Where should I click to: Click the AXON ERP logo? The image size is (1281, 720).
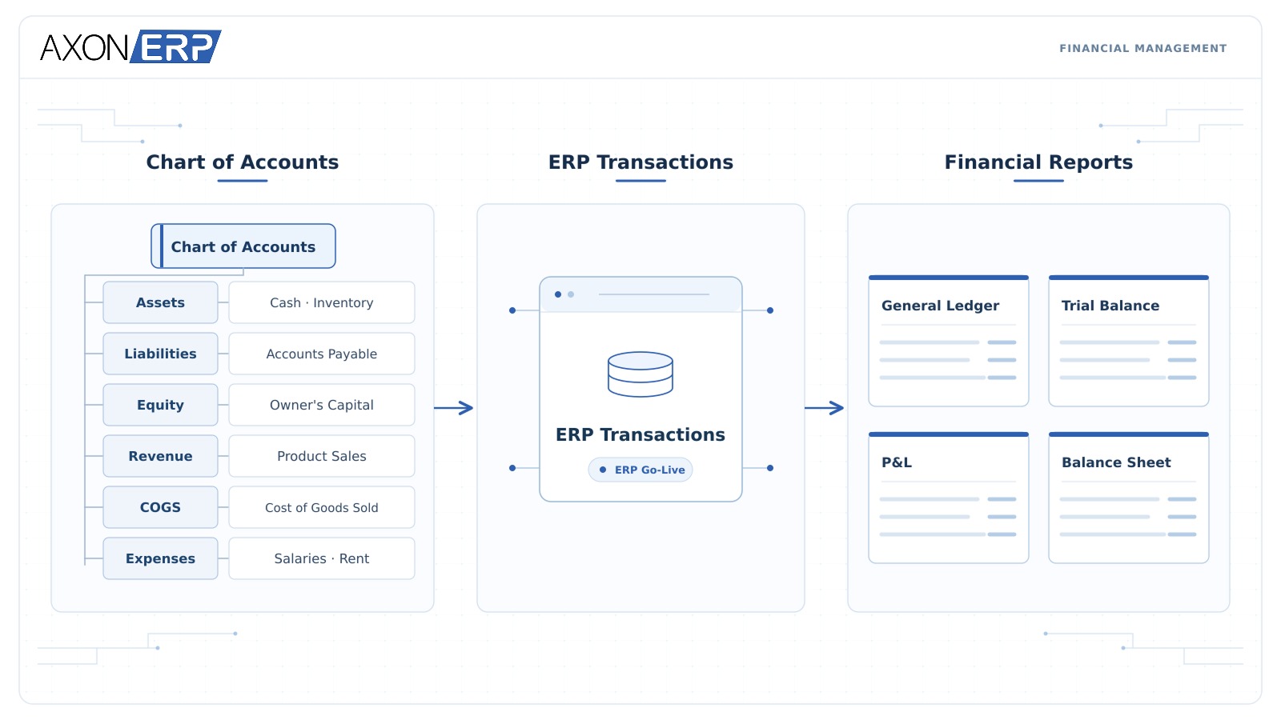(131, 46)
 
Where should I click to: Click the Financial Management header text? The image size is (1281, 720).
(1142, 49)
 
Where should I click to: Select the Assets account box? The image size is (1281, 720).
(160, 302)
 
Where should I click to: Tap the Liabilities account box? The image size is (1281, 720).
(160, 354)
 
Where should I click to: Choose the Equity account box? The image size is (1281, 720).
(160, 405)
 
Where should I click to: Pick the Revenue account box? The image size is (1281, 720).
(160, 456)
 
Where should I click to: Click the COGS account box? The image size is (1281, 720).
(160, 507)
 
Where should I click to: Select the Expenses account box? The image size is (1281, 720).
(160, 558)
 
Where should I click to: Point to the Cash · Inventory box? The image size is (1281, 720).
(321, 302)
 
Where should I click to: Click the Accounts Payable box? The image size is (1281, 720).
(321, 354)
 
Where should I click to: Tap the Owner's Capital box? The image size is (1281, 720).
(321, 405)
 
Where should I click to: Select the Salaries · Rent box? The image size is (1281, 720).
(321, 558)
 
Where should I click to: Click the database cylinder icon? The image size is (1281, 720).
(640, 374)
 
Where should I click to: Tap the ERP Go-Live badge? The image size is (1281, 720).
(640, 470)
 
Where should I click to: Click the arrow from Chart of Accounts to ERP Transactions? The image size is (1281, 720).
(453, 407)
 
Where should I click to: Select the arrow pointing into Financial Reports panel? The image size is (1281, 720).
(824, 407)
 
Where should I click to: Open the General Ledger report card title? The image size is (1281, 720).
(940, 306)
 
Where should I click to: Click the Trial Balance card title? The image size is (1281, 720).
(1110, 306)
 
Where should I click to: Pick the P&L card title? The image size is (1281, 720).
(896, 462)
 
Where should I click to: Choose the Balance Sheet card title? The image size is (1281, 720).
(1116, 462)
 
